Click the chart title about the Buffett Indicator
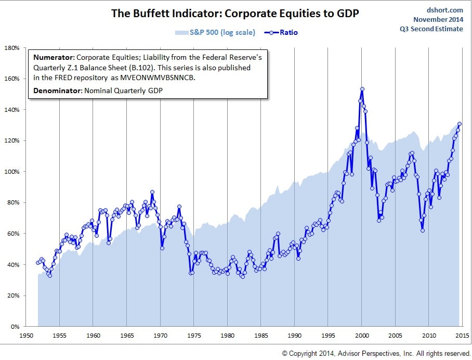coord(235,13)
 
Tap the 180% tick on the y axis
coord(12,48)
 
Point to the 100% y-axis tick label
coord(12,172)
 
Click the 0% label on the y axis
coord(16,327)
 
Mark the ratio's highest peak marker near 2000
coord(362,89)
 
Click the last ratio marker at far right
coord(460,124)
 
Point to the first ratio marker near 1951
coord(37,263)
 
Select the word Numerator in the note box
coord(52,57)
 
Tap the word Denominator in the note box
coord(56,91)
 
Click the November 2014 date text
coord(438,19)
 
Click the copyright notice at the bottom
coord(376,353)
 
